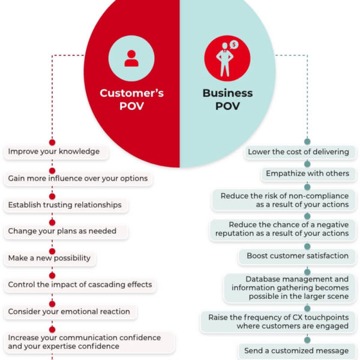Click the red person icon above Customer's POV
click(131, 58)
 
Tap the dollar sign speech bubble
click(234, 44)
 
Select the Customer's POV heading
click(131, 100)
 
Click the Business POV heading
click(227, 100)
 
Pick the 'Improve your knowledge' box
click(56, 152)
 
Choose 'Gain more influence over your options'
click(78, 179)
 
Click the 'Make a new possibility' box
click(50, 258)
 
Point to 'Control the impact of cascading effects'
click(80, 284)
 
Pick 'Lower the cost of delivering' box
click(301, 152)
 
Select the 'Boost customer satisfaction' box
click(298, 256)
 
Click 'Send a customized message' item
click(298, 351)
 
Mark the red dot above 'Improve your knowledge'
click(52, 142)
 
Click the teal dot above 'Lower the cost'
click(307, 142)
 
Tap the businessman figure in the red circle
click(224, 59)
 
